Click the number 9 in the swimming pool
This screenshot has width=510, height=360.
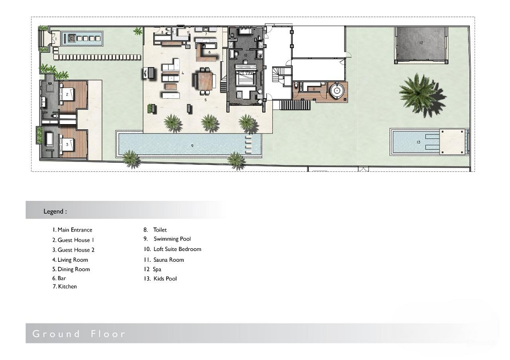coord(192,146)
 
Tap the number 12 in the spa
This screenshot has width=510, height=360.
coord(420,43)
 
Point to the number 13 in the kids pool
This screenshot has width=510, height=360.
coord(418,142)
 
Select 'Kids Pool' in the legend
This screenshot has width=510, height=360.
coord(165,279)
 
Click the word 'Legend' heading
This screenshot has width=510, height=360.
coord(55,211)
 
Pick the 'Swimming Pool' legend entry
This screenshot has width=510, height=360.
coord(172,239)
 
